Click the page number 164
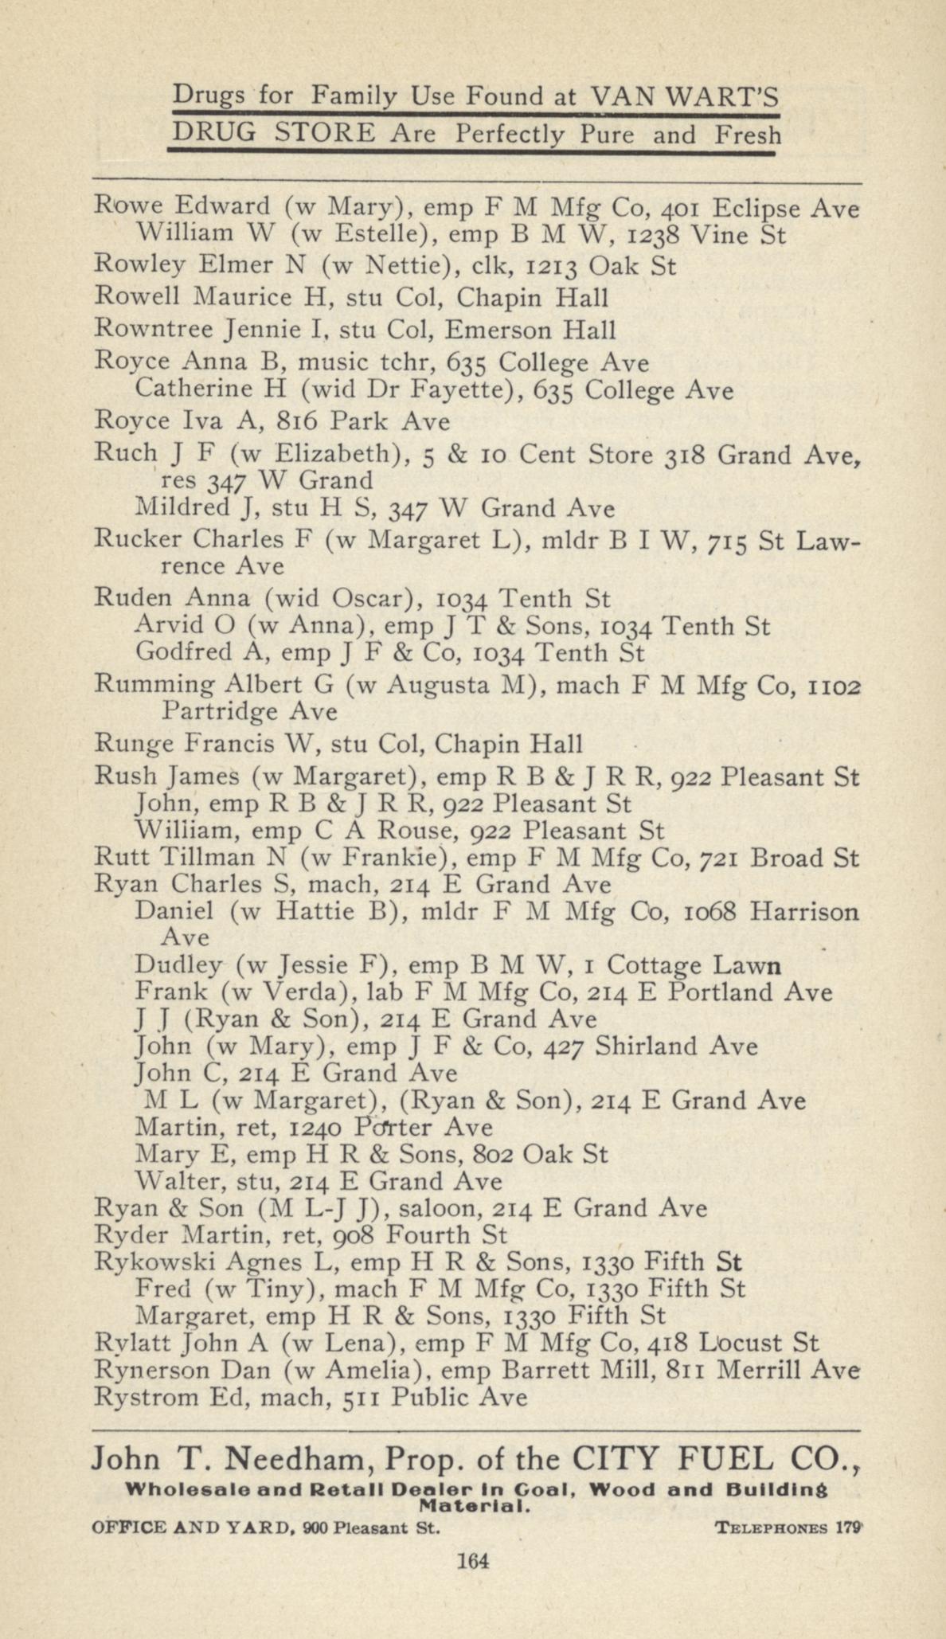click(x=472, y=1559)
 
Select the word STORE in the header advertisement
click(x=322, y=134)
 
